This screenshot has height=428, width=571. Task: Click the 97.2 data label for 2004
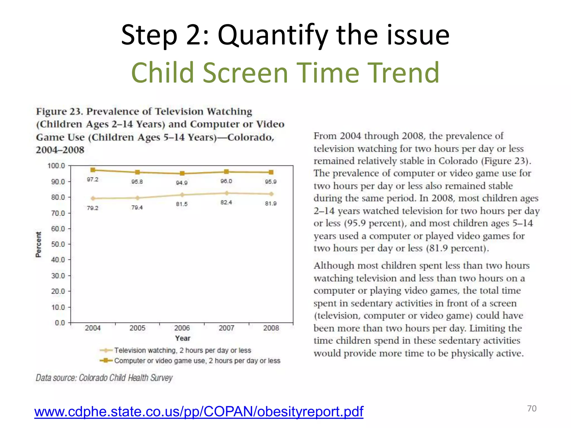[x=93, y=179]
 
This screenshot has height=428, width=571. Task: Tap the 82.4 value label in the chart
[x=226, y=202]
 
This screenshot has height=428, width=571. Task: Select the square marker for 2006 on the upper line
[x=182, y=173]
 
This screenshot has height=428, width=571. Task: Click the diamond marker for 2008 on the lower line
[x=271, y=194]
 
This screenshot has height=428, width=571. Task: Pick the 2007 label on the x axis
[x=226, y=328]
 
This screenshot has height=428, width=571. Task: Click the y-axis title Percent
[x=38, y=244]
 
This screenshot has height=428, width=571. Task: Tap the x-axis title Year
[x=183, y=338]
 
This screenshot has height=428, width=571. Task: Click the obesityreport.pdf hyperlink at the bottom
[x=199, y=411]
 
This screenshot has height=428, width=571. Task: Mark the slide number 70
[x=532, y=408]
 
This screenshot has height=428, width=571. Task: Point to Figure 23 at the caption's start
[x=59, y=111]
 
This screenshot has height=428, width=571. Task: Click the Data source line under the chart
[x=104, y=378]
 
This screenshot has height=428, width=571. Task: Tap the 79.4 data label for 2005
[x=137, y=208]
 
